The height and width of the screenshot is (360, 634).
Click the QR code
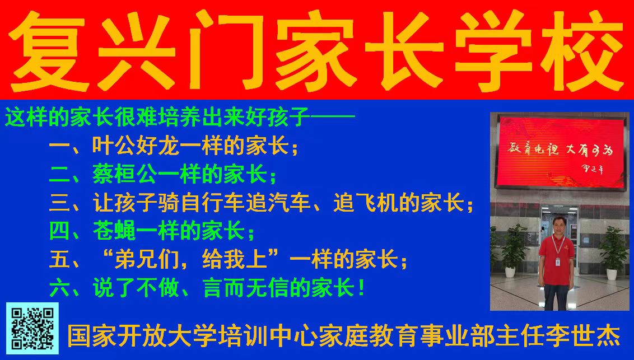pyautogui.click(x=32, y=329)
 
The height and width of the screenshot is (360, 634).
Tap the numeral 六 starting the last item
pyautogui.click(x=59, y=288)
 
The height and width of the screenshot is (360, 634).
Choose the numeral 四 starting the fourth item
pyautogui.click(x=59, y=231)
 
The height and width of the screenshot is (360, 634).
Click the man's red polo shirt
pyautogui.click(x=557, y=259)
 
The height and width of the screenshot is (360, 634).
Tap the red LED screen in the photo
pyautogui.click(x=561, y=152)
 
